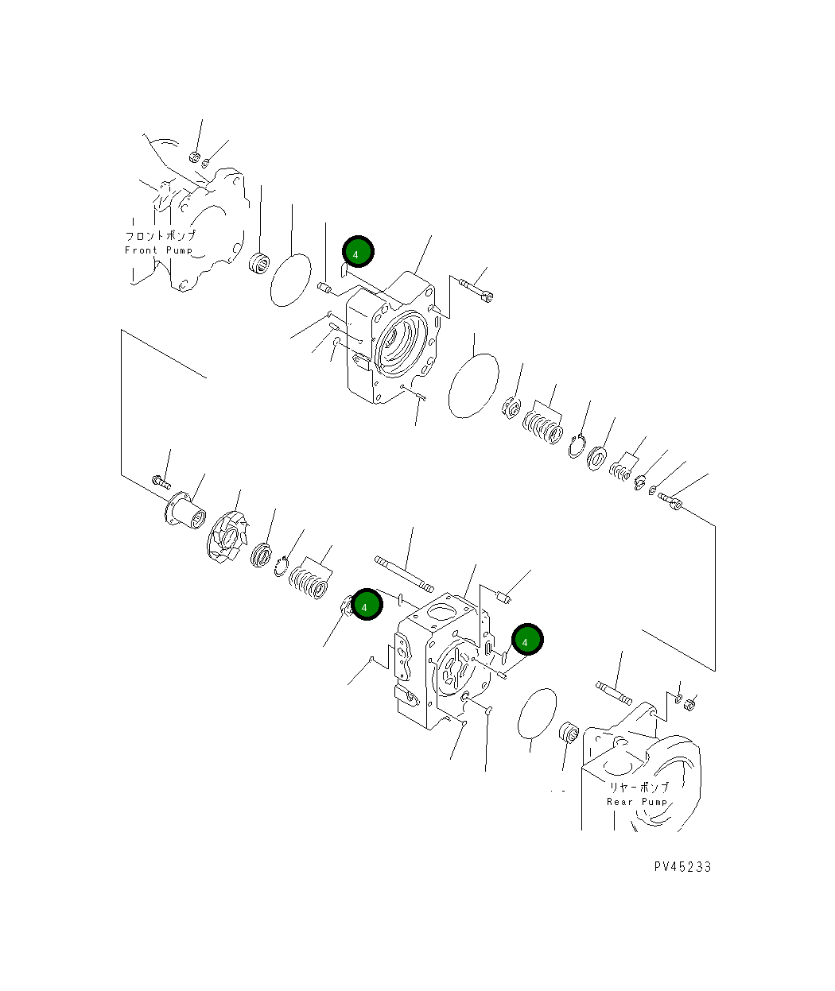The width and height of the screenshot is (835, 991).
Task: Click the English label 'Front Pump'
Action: (159, 250)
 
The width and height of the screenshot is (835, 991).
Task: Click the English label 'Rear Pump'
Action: (637, 802)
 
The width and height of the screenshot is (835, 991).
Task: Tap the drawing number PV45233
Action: (682, 867)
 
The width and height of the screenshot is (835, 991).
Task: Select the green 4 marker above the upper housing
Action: (358, 252)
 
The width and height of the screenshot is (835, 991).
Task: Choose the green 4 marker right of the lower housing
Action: (526, 641)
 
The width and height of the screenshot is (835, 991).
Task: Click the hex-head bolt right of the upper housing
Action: (476, 288)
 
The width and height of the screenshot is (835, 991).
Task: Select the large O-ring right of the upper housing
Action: (474, 385)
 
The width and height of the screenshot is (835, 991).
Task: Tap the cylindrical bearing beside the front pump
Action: (259, 262)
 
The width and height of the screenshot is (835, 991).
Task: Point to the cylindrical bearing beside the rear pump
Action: (569, 733)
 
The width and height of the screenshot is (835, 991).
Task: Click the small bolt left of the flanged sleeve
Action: (160, 480)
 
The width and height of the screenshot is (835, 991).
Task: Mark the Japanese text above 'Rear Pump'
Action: (639, 787)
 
